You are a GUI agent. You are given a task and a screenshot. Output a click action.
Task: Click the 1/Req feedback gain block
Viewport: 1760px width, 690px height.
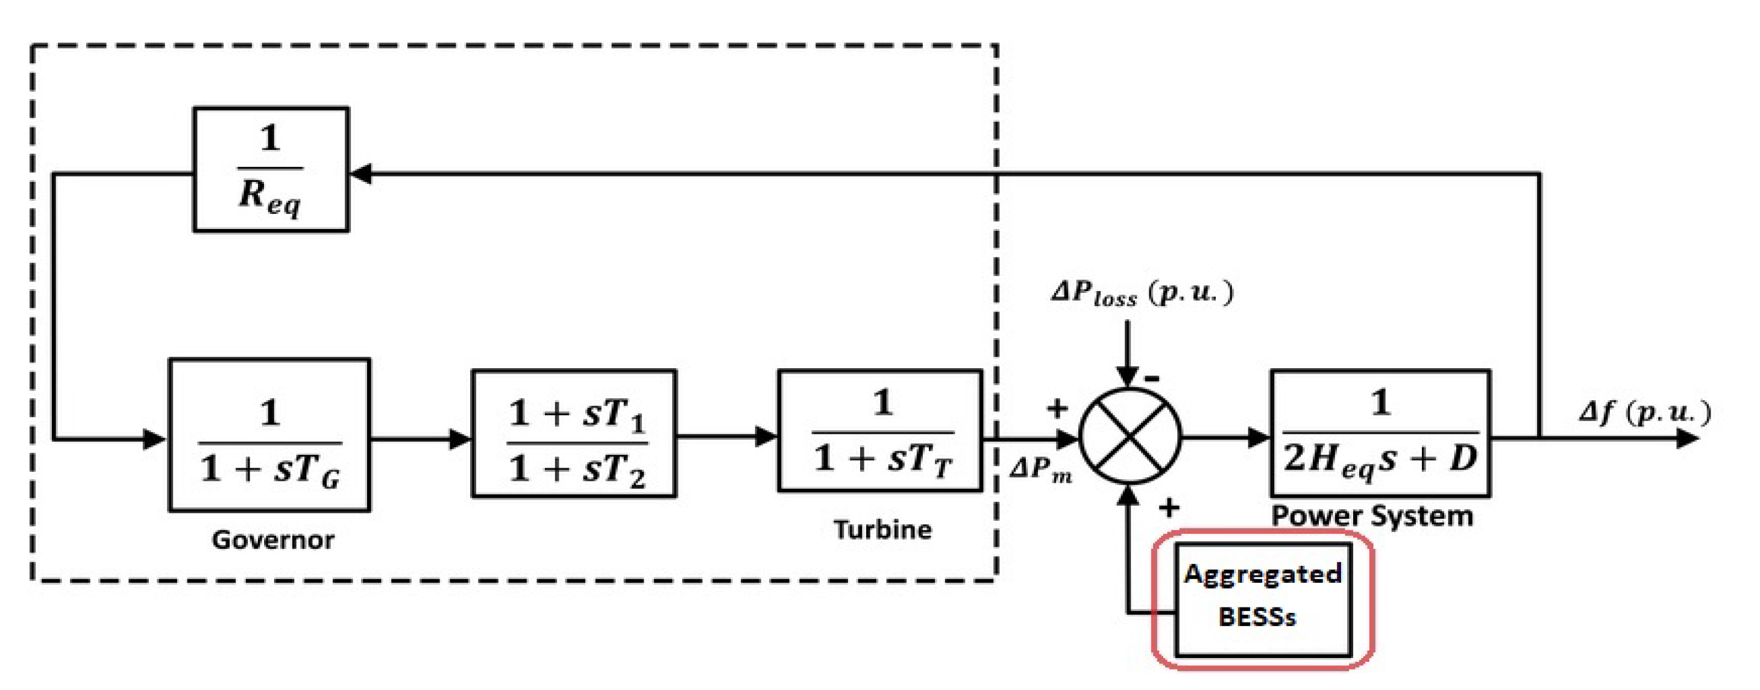click(271, 169)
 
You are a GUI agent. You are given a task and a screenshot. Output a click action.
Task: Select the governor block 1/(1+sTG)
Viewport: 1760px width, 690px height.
click(269, 435)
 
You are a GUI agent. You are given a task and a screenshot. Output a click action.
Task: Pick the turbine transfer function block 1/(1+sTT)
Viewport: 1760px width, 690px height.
click(880, 431)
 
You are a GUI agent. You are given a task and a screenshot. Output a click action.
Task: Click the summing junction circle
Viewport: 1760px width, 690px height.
click(1130, 436)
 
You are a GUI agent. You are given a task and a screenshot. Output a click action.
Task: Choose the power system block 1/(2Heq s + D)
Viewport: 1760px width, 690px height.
click(1380, 433)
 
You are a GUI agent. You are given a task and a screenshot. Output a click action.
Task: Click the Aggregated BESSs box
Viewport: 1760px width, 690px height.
click(1262, 599)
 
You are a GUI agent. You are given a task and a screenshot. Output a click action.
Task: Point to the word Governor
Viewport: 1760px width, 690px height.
click(272, 540)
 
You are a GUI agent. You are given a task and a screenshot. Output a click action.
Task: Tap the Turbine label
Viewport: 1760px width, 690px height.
click(882, 530)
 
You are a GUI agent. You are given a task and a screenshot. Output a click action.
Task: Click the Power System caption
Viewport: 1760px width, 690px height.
click(1372, 515)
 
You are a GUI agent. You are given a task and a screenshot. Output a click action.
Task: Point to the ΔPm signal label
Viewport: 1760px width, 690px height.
click(1040, 469)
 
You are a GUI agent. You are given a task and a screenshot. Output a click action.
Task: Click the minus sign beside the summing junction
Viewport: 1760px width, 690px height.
click(1152, 378)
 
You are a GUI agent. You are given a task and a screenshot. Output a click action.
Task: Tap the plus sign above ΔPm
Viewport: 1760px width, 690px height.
click(1057, 408)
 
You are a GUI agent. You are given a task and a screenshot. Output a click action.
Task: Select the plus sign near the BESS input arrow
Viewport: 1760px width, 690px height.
click(1169, 507)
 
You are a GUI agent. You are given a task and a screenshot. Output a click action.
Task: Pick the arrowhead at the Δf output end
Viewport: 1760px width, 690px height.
click(1687, 438)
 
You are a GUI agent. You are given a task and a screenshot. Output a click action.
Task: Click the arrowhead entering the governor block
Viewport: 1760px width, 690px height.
click(155, 438)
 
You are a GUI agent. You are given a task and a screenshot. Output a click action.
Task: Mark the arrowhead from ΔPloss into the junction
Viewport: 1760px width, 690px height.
click(1127, 377)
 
